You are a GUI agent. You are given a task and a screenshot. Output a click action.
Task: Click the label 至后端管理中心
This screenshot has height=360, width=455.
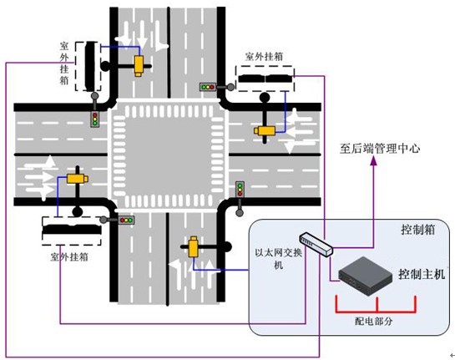[380, 149]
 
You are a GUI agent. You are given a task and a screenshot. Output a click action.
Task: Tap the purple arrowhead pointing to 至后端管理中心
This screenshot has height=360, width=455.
[374, 161]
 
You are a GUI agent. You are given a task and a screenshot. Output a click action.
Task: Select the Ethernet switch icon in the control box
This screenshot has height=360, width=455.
[316, 244]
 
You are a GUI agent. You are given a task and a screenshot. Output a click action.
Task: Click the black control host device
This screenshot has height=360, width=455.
[366, 276]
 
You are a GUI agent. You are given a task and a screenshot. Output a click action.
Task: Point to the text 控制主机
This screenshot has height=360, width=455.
[422, 274]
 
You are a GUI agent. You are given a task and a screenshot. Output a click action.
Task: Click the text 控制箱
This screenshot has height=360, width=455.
[418, 230]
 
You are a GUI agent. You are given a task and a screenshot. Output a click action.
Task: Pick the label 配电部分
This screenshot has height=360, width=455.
[374, 321]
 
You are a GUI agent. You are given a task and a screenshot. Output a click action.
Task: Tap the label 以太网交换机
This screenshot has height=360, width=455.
[279, 258]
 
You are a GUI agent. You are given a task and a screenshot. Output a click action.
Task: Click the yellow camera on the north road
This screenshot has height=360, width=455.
[139, 66]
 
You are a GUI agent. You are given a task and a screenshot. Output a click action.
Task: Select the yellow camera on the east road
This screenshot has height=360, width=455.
[265, 130]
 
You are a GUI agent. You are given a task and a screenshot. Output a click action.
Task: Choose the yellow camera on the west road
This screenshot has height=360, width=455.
[78, 179]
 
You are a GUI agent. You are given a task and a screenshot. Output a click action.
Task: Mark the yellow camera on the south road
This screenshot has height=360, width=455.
[193, 247]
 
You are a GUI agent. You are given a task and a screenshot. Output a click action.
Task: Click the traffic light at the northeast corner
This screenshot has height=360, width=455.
[208, 87]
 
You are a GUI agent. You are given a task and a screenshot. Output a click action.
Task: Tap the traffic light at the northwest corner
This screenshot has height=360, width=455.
[94, 119]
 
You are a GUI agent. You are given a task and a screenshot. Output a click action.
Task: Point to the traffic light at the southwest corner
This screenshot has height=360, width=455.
[126, 220]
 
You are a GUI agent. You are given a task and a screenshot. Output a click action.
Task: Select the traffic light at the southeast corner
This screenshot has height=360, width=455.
[240, 189]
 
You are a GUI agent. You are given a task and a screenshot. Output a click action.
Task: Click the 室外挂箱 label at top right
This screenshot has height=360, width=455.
[264, 56]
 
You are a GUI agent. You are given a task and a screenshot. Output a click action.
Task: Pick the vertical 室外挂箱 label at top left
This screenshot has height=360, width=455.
[64, 63]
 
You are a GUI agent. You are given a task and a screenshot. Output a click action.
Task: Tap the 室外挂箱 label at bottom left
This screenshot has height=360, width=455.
[69, 257]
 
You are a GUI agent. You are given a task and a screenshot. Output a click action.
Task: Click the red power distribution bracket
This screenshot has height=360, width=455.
[376, 312]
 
